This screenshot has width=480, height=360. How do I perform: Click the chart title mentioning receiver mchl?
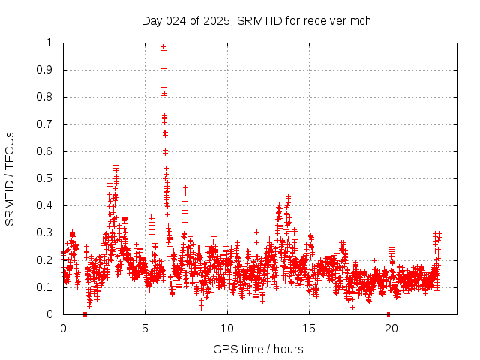pos(257,20)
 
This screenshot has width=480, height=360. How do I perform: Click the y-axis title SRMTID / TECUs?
pos(10,178)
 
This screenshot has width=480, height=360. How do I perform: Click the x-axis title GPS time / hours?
pos(258,349)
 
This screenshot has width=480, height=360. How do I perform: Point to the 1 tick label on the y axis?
pos(50,43)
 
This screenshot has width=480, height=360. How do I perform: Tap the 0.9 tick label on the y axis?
pos(46,70)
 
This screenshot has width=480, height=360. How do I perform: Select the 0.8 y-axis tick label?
pos(46,97)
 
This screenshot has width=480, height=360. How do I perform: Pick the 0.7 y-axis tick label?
pos(46,124)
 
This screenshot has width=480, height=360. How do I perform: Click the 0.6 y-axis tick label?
pos(46,151)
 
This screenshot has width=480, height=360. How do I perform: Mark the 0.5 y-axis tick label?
pos(46,178)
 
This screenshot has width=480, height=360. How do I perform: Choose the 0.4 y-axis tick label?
pos(46,205)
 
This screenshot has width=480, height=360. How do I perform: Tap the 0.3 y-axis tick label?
pos(46,232)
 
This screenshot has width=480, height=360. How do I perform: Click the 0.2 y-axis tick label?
pos(46,260)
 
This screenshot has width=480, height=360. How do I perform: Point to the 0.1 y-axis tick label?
pos(46,287)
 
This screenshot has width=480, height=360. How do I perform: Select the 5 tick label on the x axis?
pos(145,328)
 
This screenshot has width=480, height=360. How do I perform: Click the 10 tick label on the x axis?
pos(226,328)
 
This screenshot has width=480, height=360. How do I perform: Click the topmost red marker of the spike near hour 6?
pos(163,47)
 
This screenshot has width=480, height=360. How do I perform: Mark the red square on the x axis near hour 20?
pos(388,313)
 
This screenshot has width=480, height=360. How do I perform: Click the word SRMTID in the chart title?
pos(257,20)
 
